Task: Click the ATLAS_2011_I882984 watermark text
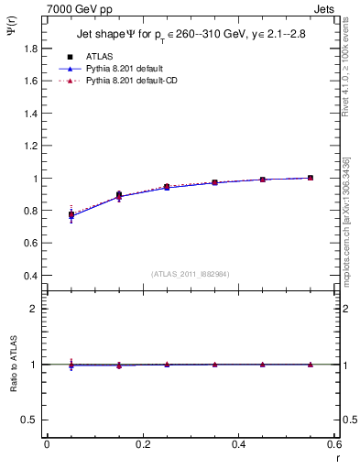(x=190, y=273)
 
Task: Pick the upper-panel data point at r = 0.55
(x=311, y=178)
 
